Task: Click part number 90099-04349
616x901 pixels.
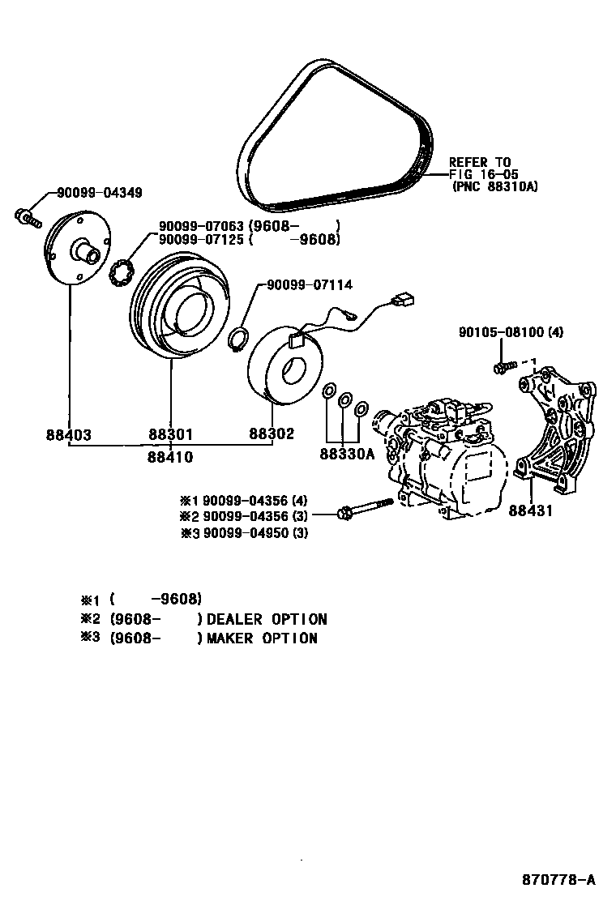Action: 99,193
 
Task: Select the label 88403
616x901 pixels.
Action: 68,435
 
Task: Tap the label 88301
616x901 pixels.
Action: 170,435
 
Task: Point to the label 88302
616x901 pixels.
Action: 271,435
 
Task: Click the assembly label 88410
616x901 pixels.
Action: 170,457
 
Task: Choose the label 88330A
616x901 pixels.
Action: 346,454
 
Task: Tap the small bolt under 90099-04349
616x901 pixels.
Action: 28,217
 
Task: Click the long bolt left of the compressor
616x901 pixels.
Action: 364,509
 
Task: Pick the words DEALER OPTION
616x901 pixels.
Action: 267,620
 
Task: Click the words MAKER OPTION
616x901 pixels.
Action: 262,638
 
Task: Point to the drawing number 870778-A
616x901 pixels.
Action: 559,879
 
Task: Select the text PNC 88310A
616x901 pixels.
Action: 495,186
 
